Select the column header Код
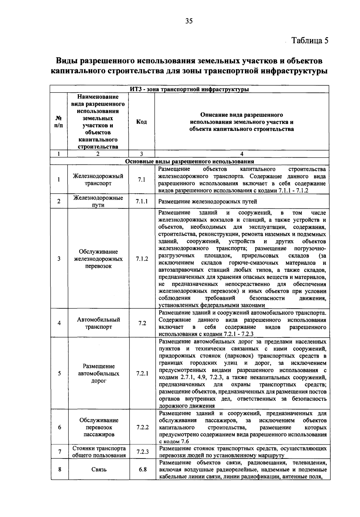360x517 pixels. click(141, 122)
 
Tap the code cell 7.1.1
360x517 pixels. click(142, 201)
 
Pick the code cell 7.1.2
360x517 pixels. click(142, 259)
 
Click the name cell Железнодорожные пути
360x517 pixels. click(98, 201)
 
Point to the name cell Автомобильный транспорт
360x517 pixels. click(98, 323)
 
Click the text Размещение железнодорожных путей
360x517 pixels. click(208, 202)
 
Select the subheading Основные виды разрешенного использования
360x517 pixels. click(189, 162)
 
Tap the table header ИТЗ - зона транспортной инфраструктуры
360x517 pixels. click(189, 89)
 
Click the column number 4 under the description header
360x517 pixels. click(242, 154)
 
